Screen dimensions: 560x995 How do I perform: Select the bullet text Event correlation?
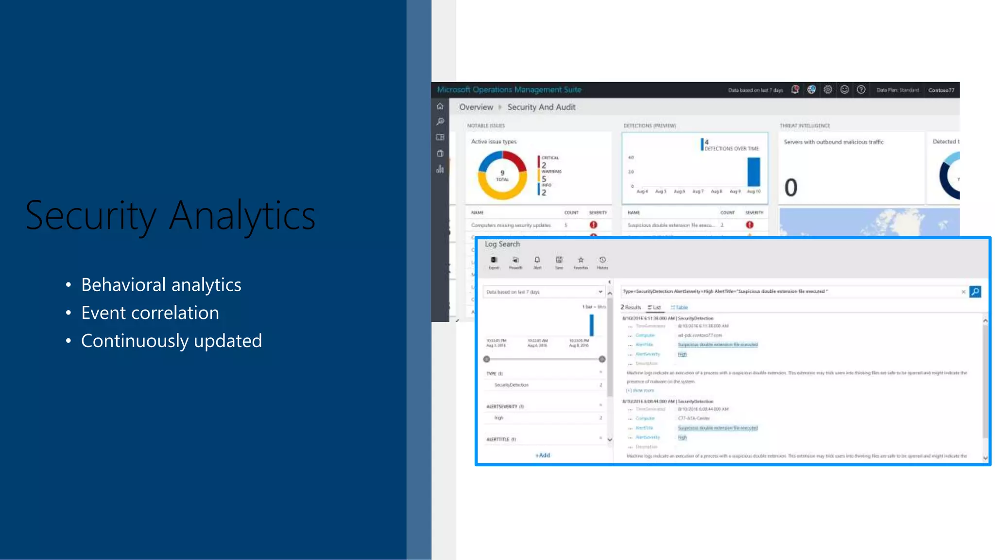(150, 313)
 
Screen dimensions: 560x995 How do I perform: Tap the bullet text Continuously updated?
(171, 341)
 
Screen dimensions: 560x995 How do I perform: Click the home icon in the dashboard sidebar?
(440, 106)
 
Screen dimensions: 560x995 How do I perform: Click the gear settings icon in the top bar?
(828, 89)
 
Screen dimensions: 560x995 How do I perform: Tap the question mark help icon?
(861, 89)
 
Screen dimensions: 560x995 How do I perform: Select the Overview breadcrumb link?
(476, 107)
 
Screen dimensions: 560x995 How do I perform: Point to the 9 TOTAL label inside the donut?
(502, 175)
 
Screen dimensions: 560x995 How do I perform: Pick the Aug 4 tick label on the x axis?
(642, 192)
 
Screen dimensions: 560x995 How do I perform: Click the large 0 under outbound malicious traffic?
(791, 188)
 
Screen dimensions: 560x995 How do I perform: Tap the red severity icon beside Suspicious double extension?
(750, 225)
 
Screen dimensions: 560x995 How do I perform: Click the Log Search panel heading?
(502, 244)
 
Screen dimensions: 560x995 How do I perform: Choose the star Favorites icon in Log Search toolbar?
(581, 261)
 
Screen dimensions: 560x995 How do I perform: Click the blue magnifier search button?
(975, 292)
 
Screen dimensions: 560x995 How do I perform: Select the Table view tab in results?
(679, 307)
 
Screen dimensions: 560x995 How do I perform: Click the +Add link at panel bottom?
(543, 455)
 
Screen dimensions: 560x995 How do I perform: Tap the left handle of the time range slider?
(486, 359)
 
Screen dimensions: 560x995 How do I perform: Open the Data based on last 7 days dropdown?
(544, 292)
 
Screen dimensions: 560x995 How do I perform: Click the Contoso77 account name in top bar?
(941, 90)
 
